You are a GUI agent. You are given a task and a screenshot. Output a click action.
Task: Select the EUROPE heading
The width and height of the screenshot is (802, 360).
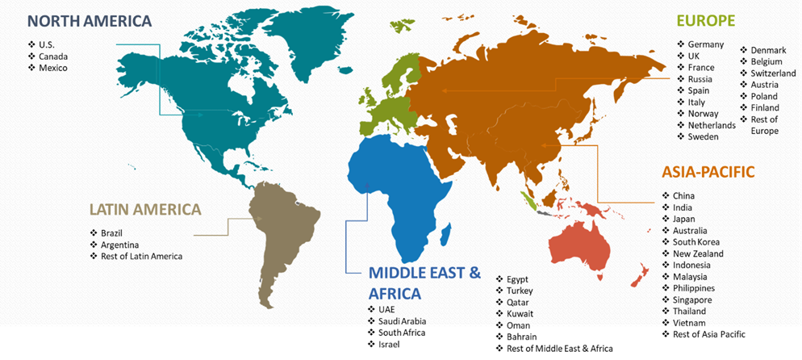(x=706, y=21)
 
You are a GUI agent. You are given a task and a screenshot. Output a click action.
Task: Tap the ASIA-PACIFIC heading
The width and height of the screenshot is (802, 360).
(x=708, y=172)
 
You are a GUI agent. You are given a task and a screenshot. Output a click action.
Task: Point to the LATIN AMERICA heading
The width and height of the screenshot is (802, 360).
(x=145, y=210)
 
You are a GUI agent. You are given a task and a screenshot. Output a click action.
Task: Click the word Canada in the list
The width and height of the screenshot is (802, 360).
(x=53, y=57)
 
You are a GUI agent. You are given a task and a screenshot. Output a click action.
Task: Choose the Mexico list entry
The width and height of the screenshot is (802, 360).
(x=53, y=68)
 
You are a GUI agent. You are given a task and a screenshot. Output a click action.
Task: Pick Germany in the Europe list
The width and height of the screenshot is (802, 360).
(x=706, y=44)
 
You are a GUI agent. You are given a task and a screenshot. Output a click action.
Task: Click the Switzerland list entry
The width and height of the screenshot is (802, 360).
(x=773, y=73)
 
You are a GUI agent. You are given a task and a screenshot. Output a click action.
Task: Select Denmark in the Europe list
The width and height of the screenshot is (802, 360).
(x=768, y=50)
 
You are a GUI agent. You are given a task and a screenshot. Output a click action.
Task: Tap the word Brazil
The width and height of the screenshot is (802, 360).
(x=111, y=233)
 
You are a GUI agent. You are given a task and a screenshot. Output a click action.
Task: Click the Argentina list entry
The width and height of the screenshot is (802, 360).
(x=119, y=245)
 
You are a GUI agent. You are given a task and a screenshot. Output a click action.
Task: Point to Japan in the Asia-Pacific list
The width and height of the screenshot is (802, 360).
(x=684, y=219)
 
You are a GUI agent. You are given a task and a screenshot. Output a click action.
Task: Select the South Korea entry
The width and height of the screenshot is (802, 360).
(x=696, y=242)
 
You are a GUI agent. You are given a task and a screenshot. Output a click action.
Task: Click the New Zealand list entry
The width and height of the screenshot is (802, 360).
(x=698, y=253)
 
